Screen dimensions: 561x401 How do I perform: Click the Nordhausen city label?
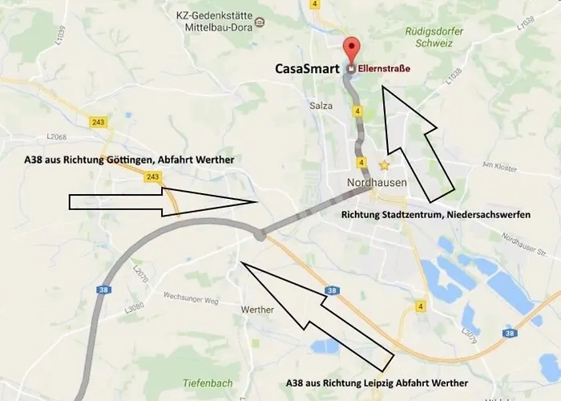[x=377, y=182]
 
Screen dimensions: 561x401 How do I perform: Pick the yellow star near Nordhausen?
[x=385, y=165]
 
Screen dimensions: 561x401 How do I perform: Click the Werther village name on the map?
[x=257, y=310]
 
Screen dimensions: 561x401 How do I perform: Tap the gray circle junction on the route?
[x=259, y=235]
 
